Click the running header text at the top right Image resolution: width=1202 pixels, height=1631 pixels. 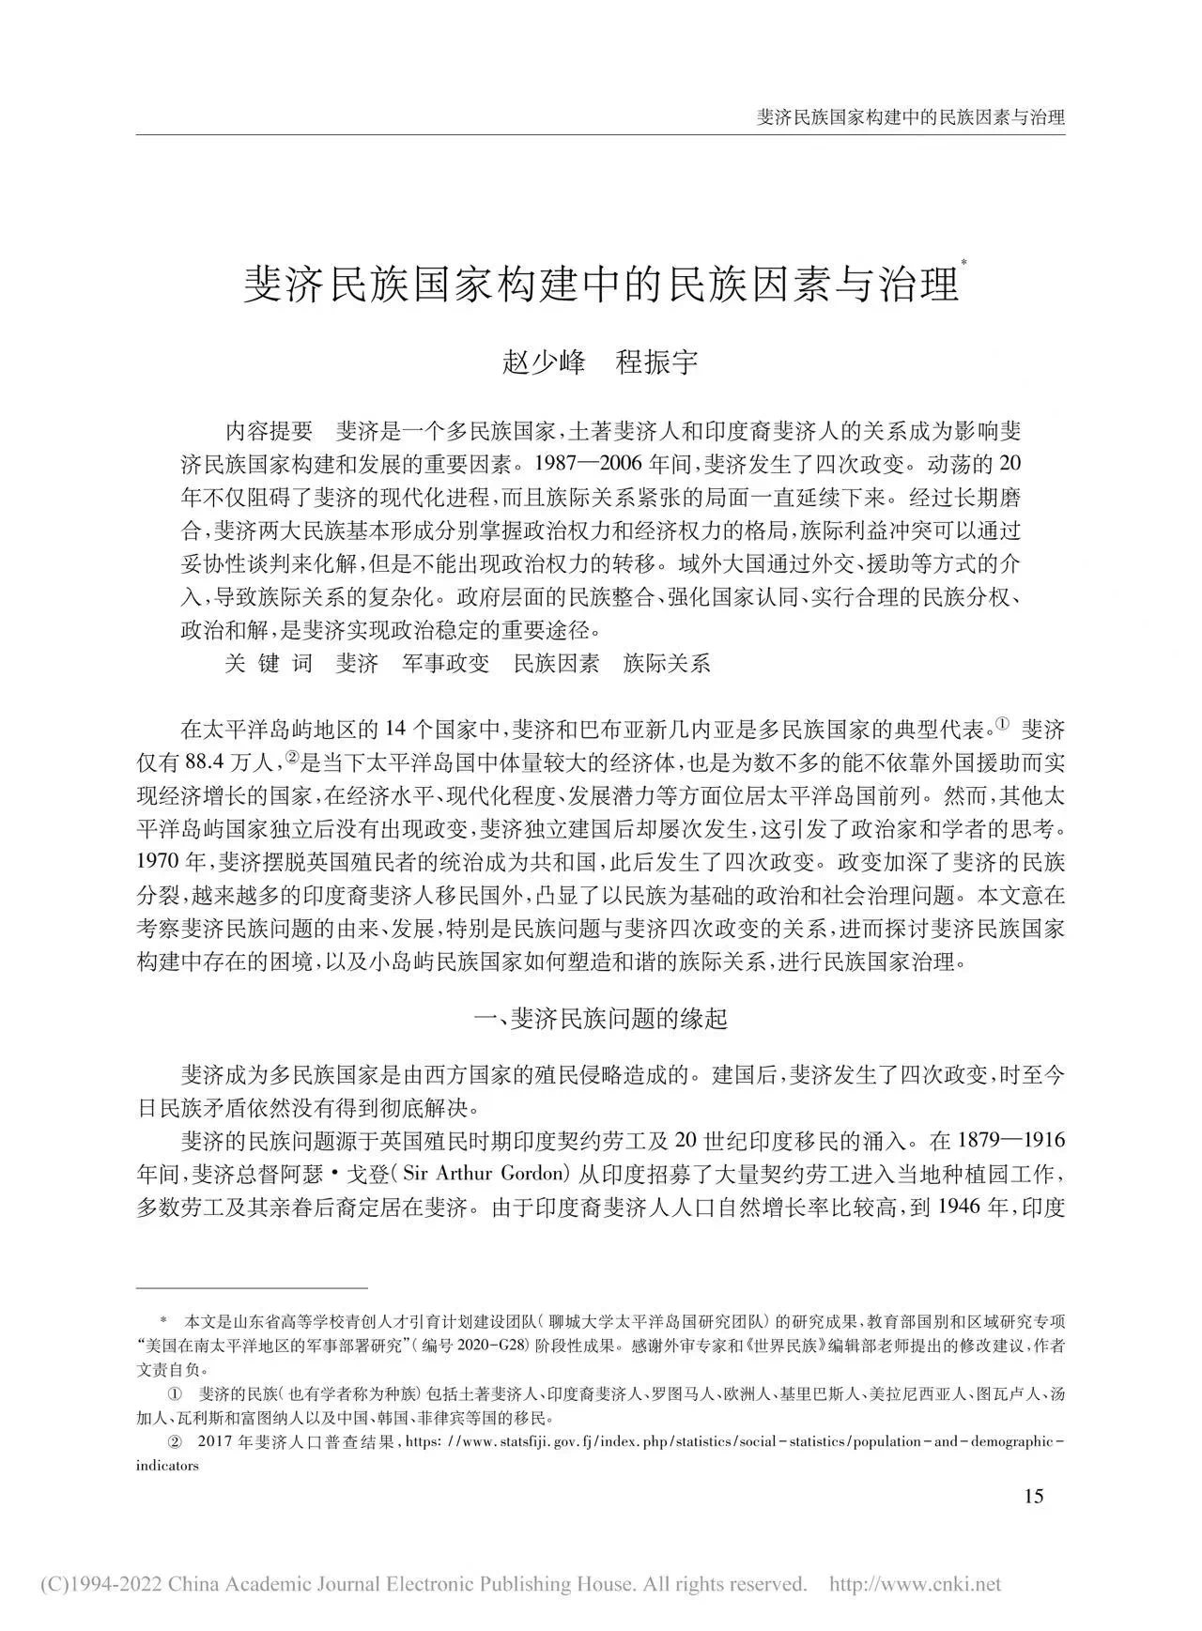[x=910, y=118]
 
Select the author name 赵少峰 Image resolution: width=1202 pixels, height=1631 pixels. [x=544, y=362]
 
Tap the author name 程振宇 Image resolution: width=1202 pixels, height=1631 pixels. [x=656, y=362]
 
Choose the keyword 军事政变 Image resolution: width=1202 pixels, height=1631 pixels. [x=446, y=663]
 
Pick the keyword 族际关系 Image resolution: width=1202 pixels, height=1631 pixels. [x=667, y=663]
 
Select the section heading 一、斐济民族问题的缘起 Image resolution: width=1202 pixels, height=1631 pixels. [x=601, y=1019]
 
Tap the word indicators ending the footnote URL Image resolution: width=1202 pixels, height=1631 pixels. [x=167, y=1466]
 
